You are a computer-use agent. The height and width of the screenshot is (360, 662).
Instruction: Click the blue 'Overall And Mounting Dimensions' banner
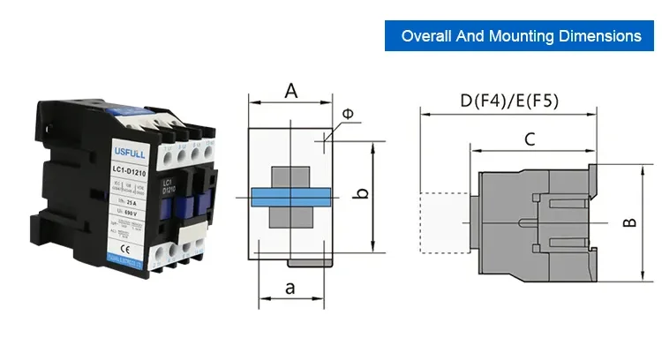(x=521, y=36)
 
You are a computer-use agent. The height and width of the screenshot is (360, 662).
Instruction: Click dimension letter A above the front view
(x=290, y=89)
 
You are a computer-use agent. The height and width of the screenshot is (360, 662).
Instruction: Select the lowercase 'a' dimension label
(x=292, y=288)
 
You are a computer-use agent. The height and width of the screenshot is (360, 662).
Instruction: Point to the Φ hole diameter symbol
(x=346, y=113)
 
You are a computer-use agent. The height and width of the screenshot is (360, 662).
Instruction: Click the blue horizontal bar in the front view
(x=290, y=197)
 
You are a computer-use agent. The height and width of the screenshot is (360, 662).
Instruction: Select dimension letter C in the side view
(x=530, y=139)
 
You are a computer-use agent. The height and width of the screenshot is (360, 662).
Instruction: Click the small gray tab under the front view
(x=310, y=260)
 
